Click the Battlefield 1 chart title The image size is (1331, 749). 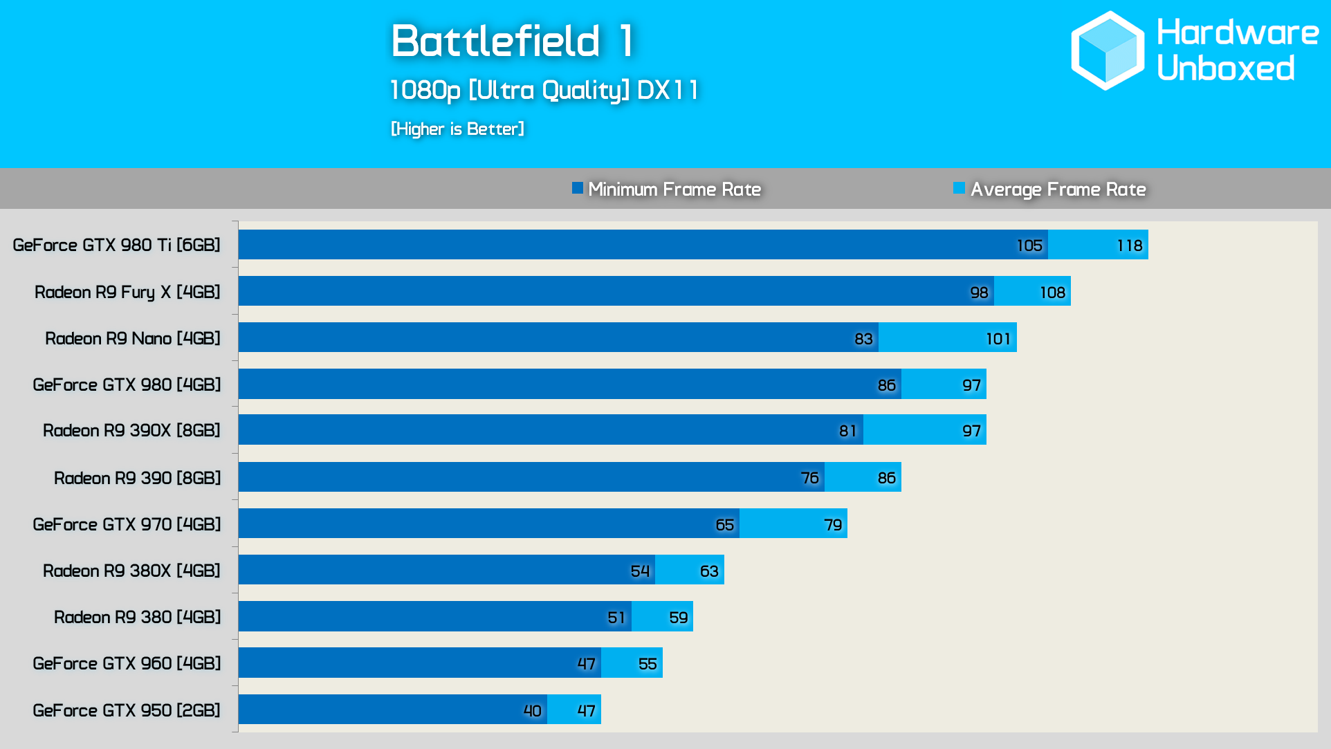click(x=513, y=41)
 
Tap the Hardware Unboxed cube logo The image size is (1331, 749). click(x=1108, y=50)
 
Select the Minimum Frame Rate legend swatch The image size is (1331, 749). click(x=578, y=188)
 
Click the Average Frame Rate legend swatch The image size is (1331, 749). click(x=959, y=188)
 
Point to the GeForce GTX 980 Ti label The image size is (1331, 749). click(x=116, y=245)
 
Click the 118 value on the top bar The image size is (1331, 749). click(x=1129, y=246)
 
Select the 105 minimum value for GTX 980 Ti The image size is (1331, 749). click(x=1029, y=246)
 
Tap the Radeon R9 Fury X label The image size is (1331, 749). click(x=127, y=292)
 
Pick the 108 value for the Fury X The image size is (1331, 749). click(x=1052, y=293)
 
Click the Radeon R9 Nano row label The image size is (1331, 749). click(x=133, y=338)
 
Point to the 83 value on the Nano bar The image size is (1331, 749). click(x=863, y=339)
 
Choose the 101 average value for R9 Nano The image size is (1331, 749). click(x=998, y=339)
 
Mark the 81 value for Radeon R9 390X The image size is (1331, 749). click(x=847, y=431)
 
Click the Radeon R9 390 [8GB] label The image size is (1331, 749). click(x=137, y=478)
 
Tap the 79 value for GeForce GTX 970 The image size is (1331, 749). click(x=833, y=525)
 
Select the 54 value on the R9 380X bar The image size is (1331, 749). click(x=640, y=571)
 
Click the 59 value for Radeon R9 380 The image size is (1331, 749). click(x=678, y=618)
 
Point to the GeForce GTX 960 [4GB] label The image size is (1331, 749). click(x=127, y=663)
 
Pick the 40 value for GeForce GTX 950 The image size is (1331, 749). click(x=532, y=711)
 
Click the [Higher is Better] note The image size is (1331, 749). click(x=457, y=129)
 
